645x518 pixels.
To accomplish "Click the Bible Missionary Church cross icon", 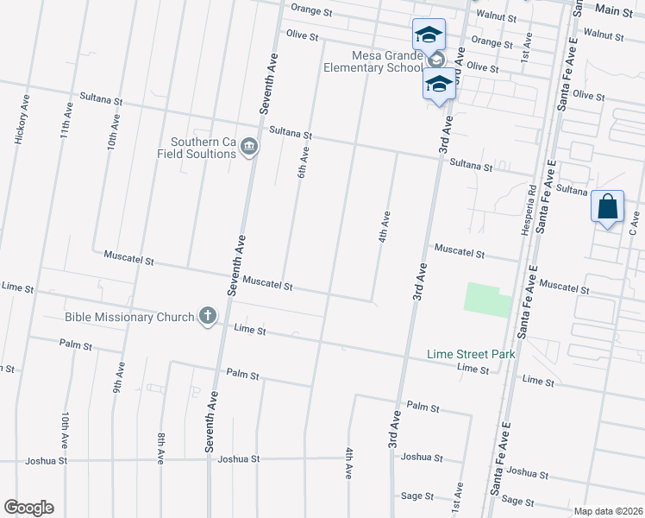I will [x=207, y=317].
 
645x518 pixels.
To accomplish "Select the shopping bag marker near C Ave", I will [x=608, y=208].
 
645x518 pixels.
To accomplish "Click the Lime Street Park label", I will [x=471, y=355].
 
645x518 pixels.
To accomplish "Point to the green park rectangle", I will [x=487, y=299].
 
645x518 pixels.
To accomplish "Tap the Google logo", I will [x=28, y=508].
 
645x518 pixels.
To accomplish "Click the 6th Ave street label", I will [x=304, y=161].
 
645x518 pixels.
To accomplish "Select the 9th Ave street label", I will [x=120, y=377].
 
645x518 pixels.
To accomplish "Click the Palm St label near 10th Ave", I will [x=75, y=344].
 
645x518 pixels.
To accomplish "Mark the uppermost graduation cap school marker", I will [x=429, y=35].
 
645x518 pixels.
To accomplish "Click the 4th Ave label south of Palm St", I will [x=349, y=463].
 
